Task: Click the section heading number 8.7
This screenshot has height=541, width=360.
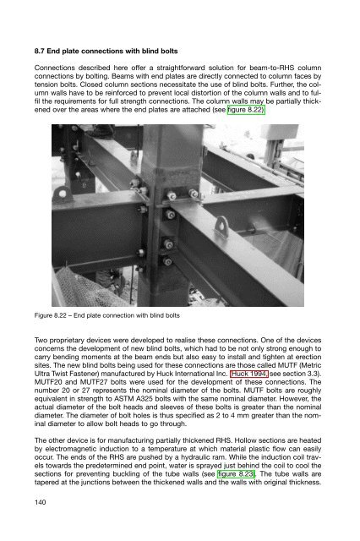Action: [40, 51]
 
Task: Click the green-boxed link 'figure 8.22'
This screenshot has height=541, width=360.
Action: [246, 110]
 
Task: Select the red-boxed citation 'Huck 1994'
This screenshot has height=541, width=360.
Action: [249, 374]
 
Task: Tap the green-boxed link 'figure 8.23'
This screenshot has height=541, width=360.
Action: [236, 473]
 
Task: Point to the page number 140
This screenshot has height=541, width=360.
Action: [40, 502]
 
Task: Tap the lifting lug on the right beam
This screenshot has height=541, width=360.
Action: [222, 227]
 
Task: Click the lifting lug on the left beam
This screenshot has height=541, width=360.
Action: [63, 194]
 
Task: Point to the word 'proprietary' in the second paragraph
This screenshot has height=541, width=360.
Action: [65, 340]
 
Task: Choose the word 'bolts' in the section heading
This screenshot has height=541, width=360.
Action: [169, 51]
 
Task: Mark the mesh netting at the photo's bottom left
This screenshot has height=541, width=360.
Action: [86, 287]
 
